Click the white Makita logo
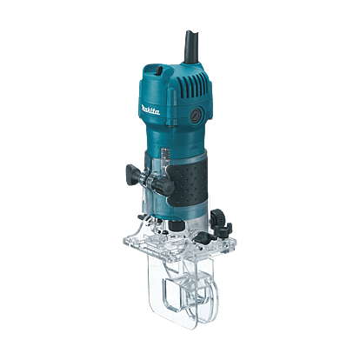point(150,110)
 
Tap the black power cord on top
point(191,46)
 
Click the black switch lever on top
point(158,70)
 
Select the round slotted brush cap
point(195,116)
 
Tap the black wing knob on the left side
point(133,174)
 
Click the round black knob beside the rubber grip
point(164,186)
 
